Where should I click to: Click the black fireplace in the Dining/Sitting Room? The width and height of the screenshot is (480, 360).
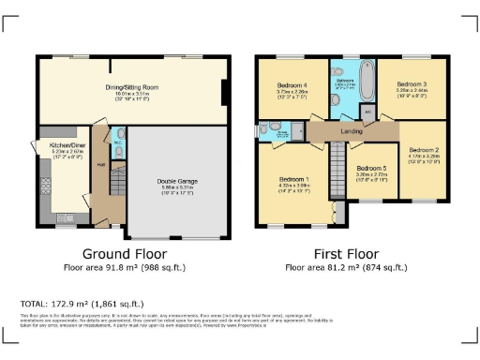point(224,94)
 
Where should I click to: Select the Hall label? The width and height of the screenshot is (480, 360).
point(100,165)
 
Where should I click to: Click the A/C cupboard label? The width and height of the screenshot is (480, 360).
point(367,112)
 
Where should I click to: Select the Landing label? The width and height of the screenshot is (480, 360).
point(351,132)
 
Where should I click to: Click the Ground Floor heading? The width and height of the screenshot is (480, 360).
point(125,253)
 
